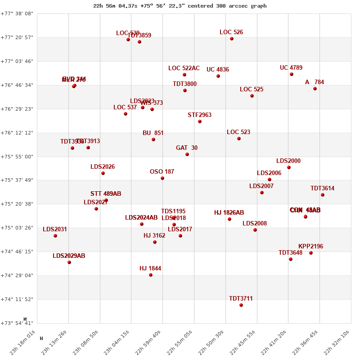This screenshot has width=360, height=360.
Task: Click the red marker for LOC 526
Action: click(232, 39)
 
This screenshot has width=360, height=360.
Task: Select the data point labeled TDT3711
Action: click(241, 305)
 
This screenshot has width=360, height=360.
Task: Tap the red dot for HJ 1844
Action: click(151, 275)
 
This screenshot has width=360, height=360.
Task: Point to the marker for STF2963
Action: click(200, 121)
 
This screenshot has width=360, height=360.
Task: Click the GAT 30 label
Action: click(187, 148)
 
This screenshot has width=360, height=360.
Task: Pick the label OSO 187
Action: click(162, 172)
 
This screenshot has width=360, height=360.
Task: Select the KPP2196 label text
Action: click(310, 247)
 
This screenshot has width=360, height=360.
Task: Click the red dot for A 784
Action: click(315, 89)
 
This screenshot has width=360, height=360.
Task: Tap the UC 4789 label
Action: click(291, 68)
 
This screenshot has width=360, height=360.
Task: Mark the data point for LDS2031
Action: click(55, 236)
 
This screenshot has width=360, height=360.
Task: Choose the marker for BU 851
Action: click(153, 139)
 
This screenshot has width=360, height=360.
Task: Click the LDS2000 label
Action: click(288, 161)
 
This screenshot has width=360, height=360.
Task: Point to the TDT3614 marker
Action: click(323, 195)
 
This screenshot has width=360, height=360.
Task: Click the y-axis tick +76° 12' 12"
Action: click(17, 133)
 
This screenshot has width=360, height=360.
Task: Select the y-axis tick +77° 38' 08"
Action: click(17, 13)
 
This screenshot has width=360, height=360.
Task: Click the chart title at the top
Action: click(180, 6)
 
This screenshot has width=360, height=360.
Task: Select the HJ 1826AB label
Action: click(229, 213)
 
